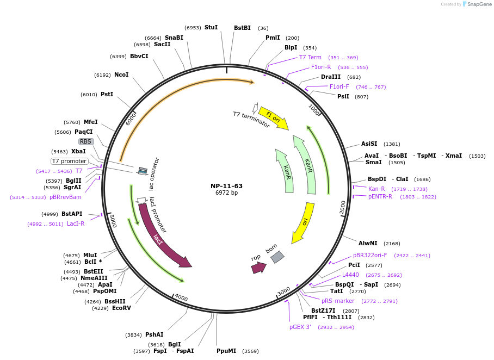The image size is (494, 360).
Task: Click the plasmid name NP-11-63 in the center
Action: [x=226, y=186]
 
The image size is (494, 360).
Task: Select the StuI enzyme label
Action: [x=211, y=27]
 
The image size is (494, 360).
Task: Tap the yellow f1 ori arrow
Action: [x=274, y=118]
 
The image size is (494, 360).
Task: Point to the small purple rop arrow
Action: [x=258, y=267]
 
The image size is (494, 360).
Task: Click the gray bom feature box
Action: [x=277, y=257]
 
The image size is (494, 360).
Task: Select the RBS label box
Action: [x=86, y=141]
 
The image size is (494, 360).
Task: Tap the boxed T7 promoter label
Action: [x=70, y=161]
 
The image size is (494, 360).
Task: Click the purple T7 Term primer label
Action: [x=310, y=57]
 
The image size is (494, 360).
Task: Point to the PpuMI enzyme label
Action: [x=226, y=351]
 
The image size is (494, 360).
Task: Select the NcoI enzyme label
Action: [x=121, y=75]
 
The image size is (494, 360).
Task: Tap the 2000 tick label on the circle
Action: [x=342, y=207]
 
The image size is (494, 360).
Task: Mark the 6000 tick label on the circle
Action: [x=131, y=118]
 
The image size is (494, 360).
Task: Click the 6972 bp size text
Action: [x=226, y=193]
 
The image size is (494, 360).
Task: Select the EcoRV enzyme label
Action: [x=121, y=308]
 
